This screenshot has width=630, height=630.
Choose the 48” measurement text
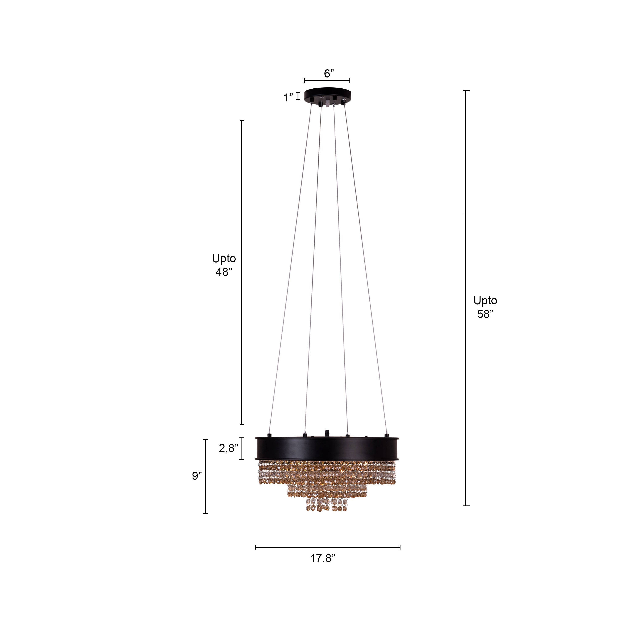pos(224,272)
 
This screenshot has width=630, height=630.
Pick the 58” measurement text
pos(485,314)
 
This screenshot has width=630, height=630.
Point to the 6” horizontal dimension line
pos(327,80)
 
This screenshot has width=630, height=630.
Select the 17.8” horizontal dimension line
pos(328,547)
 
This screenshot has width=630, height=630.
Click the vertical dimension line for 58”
pos(466,294)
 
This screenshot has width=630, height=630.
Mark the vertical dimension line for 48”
pos(242,272)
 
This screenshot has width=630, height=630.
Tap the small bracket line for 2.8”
pos(241,449)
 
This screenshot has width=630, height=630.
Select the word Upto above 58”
pos(485,300)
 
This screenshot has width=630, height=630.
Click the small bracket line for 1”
pos(298,96)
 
